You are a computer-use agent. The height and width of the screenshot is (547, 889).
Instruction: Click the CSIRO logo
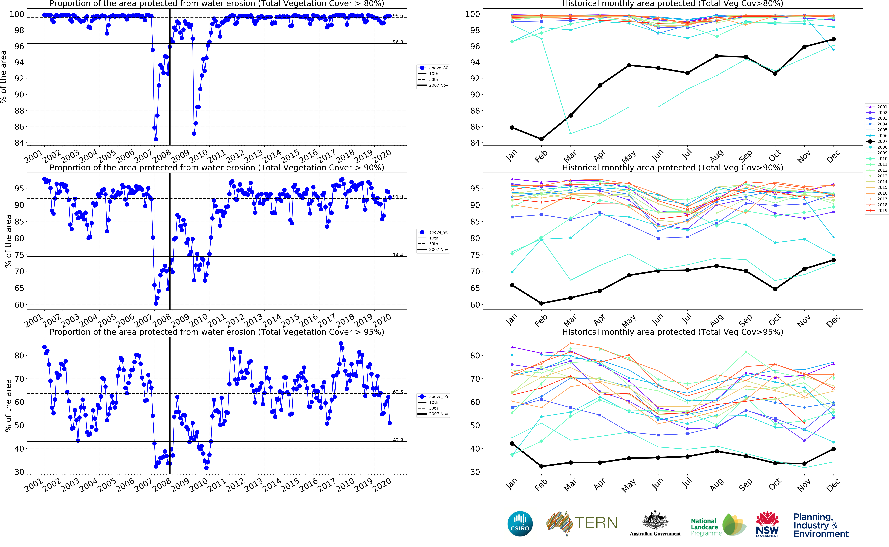520,524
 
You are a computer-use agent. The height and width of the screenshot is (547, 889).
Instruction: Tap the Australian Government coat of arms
655,521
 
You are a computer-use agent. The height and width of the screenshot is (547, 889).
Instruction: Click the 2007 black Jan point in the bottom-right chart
512,444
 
